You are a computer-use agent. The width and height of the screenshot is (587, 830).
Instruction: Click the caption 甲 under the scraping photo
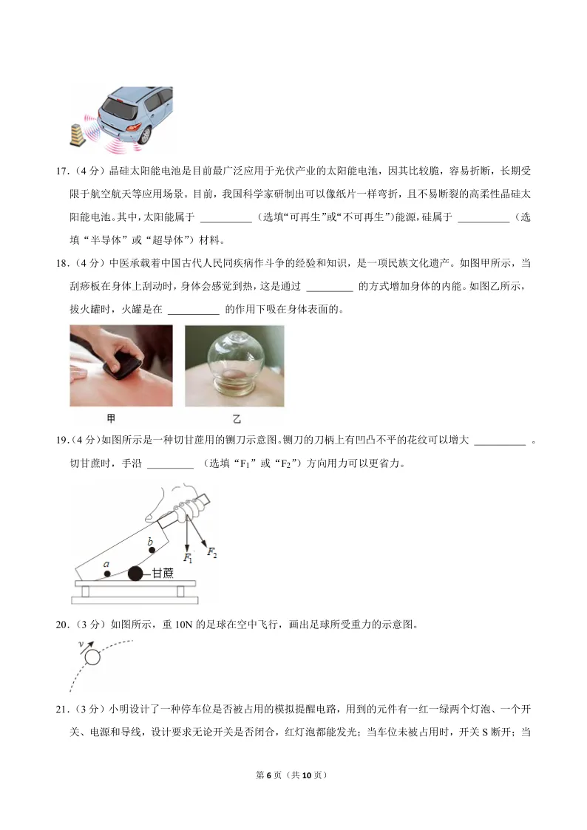[111, 419]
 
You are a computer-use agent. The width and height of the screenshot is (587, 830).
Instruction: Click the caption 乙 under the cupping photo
[237, 419]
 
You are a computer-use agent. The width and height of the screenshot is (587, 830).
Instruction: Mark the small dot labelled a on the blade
[107, 573]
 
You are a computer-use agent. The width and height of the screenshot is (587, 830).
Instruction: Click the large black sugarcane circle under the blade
[135, 573]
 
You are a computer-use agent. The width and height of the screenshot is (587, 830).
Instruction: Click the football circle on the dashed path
[92, 657]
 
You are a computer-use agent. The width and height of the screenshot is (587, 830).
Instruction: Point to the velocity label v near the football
[81, 644]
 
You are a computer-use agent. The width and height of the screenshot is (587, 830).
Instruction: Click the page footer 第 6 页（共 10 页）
[293, 775]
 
